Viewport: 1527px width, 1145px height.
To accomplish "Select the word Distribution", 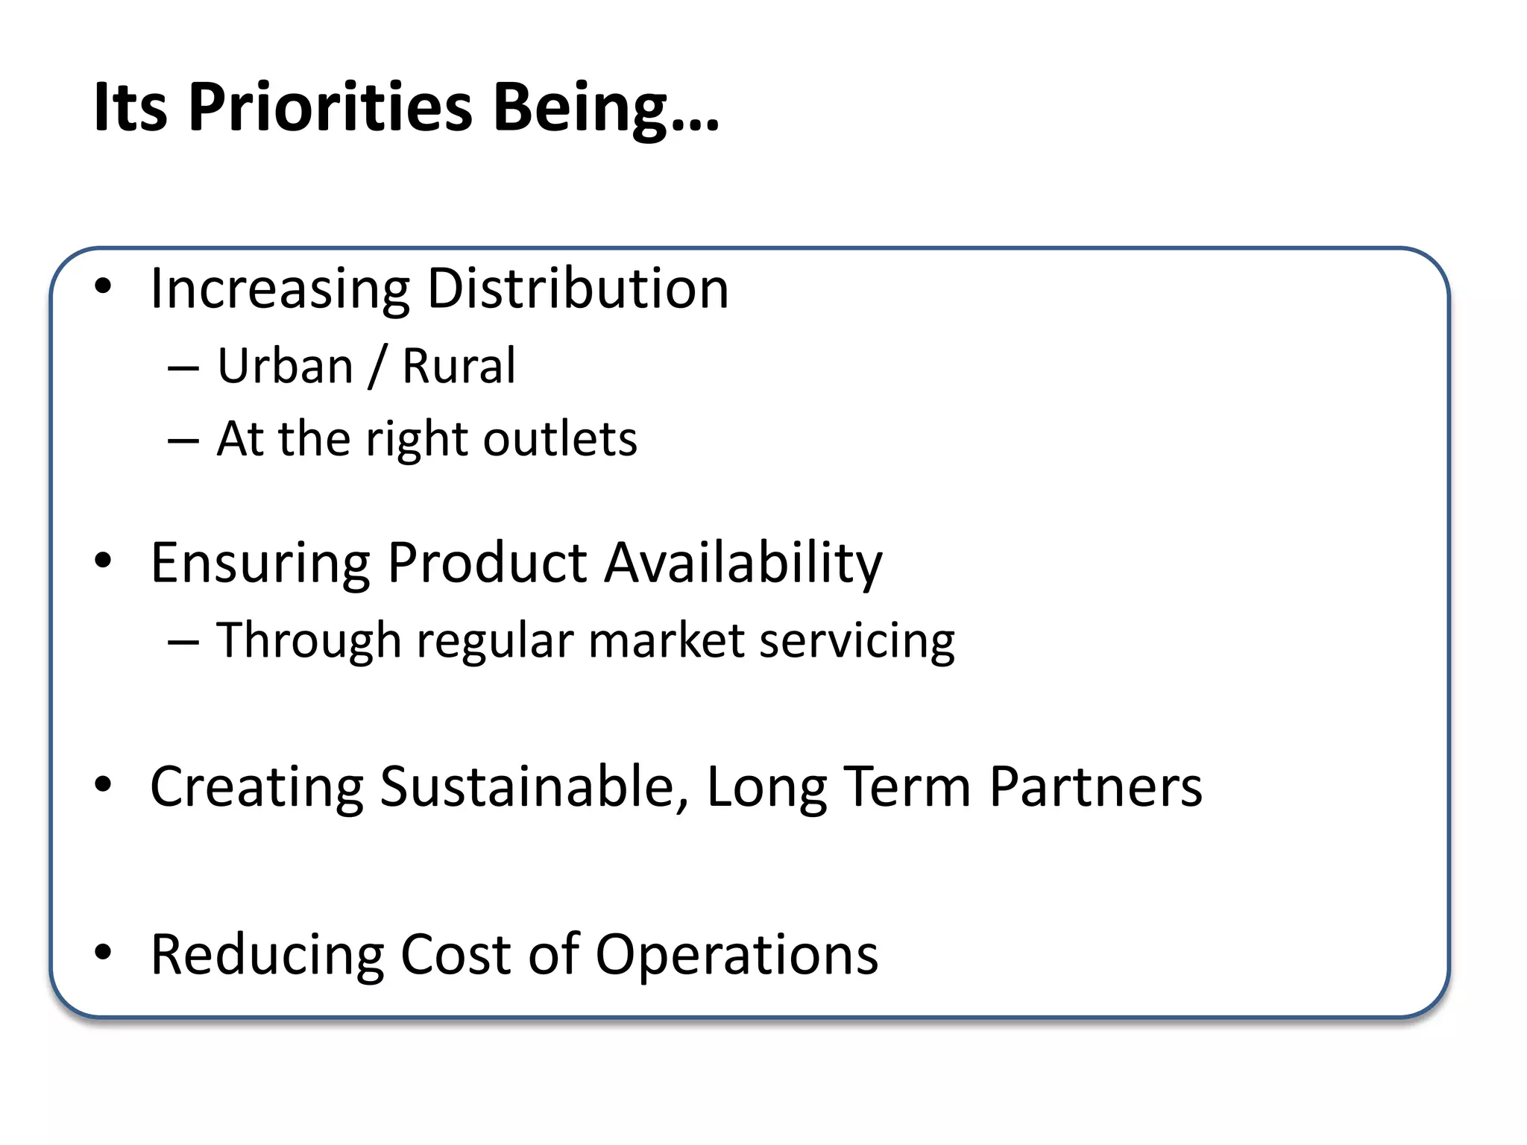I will (578, 288).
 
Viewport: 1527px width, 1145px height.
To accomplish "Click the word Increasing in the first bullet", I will (280, 288).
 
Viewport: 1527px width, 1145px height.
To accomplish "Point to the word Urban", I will (286, 367).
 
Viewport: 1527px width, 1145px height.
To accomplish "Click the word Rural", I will (459, 367).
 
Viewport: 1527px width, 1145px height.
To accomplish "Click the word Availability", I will (743, 563).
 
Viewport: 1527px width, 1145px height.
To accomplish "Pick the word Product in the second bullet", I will (487, 563).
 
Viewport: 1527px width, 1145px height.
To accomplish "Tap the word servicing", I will (857, 641).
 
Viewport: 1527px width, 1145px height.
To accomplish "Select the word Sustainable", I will (534, 787).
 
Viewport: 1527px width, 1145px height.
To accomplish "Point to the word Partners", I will (1095, 787).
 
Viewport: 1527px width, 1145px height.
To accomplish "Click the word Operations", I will (737, 955).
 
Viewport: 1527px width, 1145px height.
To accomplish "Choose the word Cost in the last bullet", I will (456, 955).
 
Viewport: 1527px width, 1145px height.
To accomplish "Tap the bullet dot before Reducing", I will (103, 952).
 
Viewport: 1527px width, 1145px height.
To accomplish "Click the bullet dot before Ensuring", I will (103, 560).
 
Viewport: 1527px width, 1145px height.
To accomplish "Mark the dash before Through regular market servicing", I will (183, 642).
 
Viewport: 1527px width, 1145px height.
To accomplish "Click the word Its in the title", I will (130, 108).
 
